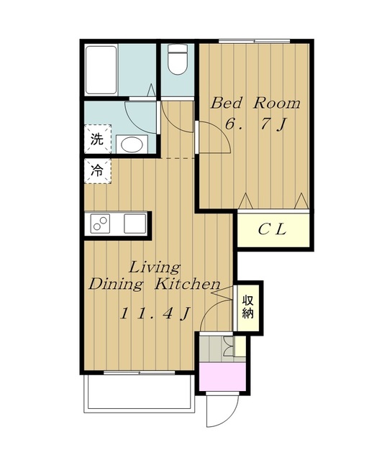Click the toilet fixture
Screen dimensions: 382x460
pyautogui.click(x=178, y=59)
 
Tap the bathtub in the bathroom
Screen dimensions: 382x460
pyautogui.click(x=101, y=70)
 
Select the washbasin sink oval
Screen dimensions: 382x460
pyautogui.click(x=132, y=144)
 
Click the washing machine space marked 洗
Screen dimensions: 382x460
pyautogui.click(x=98, y=139)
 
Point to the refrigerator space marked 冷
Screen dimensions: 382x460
pyautogui.click(x=98, y=171)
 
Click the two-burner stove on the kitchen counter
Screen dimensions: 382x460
pyautogui.click(x=100, y=224)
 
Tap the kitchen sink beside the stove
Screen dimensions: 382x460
pyautogui.click(x=135, y=224)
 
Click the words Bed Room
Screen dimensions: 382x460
pyautogui.click(x=255, y=103)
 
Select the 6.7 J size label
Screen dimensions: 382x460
pyautogui.click(x=255, y=124)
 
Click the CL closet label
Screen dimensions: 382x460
pyautogui.click(x=273, y=229)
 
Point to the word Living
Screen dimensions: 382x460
pyautogui.click(x=155, y=268)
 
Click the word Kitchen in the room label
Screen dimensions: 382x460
pyautogui.click(x=187, y=284)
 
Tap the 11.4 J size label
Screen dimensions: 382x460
pyautogui.click(x=155, y=313)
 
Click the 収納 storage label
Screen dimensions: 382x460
pyautogui.click(x=247, y=307)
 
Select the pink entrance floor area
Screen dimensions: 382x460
pyautogui.click(x=222, y=377)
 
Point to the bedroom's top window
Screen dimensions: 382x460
pyautogui.click(x=254, y=41)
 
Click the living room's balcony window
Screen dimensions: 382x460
pyautogui.click(x=139, y=372)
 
